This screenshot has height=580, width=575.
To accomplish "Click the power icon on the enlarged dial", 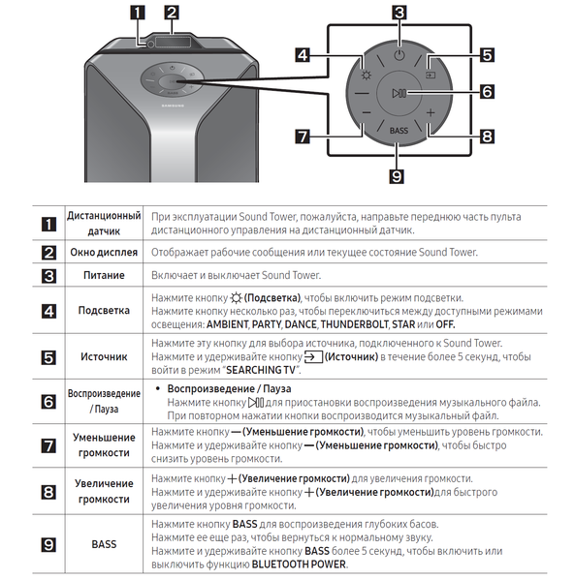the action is pyautogui.click(x=399, y=55).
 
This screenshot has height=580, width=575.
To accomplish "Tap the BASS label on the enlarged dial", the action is pyautogui.click(x=399, y=131).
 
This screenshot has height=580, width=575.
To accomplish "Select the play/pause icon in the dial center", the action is pyautogui.click(x=400, y=93).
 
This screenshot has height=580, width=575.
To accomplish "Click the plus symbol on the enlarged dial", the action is pyautogui.click(x=431, y=112).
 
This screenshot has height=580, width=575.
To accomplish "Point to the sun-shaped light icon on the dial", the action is pyautogui.click(x=367, y=76).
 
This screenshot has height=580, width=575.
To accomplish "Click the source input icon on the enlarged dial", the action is pyautogui.click(x=431, y=76).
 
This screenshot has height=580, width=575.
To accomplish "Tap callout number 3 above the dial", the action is pyautogui.click(x=399, y=13).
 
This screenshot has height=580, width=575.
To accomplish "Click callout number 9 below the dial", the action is pyautogui.click(x=397, y=176).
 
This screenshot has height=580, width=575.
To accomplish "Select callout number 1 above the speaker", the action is pyautogui.click(x=138, y=13).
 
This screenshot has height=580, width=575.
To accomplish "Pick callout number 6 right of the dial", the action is pyautogui.click(x=487, y=92).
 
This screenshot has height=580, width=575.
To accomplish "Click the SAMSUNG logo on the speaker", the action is pyautogui.click(x=173, y=106).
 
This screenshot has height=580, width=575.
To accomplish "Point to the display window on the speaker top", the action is pyautogui.click(x=173, y=42).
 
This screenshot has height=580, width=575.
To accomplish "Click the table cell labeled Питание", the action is pyautogui.click(x=104, y=275).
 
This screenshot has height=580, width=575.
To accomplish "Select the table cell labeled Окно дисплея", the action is pyautogui.click(x=104, y=253).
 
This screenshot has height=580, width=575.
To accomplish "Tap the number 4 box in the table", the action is pyautogui.click(x=48, y=311).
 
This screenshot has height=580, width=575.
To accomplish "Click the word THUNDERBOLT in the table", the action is pyautogui.click(x=355, y=324).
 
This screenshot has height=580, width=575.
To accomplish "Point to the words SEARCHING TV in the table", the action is pyautogui.click(x=261, y=370).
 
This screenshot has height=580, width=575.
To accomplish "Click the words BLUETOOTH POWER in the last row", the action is pyautogui.click(x=299, y=565).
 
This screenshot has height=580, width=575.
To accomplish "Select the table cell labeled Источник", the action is pyautogui.click(x=104, y=356).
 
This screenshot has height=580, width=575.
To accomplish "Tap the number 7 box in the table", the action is pyautogui.click(x=48, y=445).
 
